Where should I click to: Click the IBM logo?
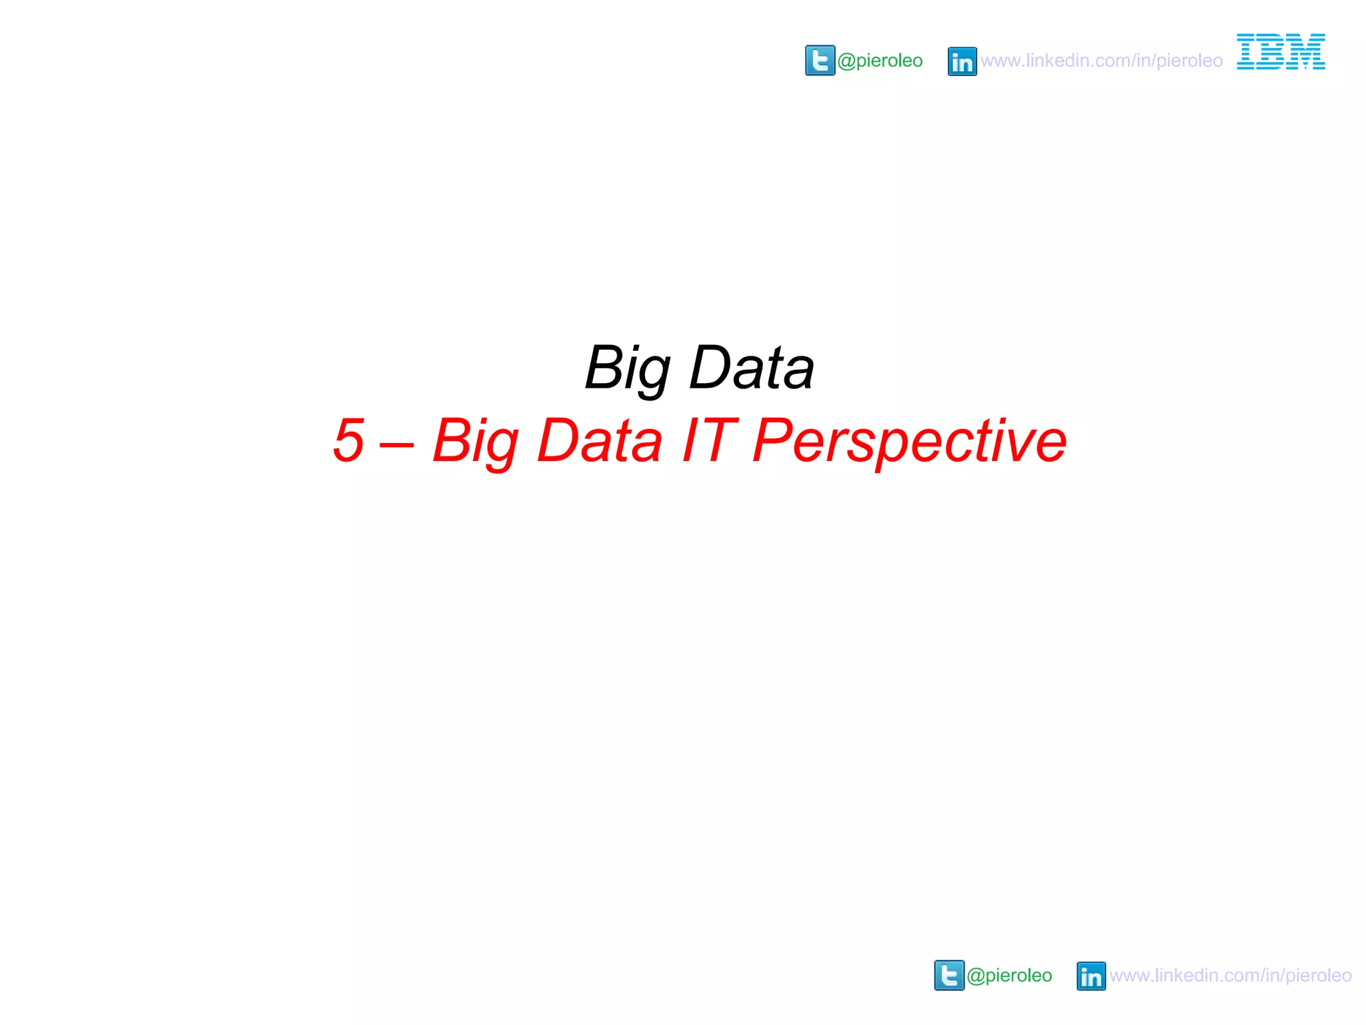1281,51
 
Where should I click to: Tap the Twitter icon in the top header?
820,61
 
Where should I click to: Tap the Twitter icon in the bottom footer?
949,976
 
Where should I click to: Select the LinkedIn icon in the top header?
962,61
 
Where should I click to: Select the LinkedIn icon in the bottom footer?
1091,976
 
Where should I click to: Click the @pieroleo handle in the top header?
880,61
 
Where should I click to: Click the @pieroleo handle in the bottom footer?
1009,976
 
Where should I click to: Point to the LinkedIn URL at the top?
1101,61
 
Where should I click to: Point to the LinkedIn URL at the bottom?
1231,976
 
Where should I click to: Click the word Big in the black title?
627,368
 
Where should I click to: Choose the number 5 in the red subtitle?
349,440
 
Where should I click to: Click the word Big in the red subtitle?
475,441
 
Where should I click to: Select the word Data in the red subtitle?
600,440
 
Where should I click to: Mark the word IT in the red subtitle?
709,440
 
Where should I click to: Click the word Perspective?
909,441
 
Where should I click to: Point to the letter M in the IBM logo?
1305,51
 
